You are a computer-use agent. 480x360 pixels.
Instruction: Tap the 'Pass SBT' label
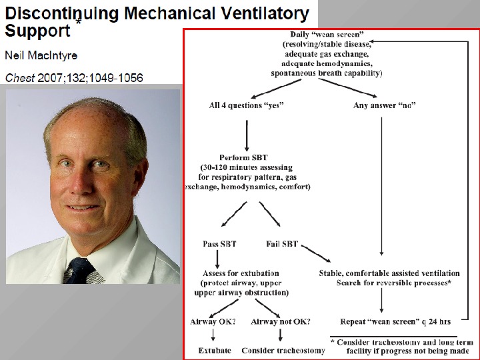[221, 244]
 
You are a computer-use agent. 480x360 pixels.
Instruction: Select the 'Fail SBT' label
[282, 244]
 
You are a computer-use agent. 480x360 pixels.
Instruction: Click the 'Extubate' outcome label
[215, 350]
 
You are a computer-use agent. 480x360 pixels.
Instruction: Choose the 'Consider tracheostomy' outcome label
[283, 350]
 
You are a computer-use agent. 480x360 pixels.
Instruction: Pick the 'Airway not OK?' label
[281, 322]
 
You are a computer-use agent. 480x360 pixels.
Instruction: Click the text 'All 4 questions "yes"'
[246, 105]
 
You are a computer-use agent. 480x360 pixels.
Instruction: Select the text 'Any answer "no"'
[385, 105]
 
